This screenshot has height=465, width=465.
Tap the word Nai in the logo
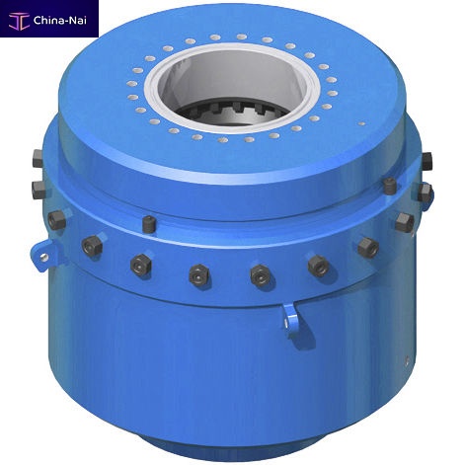click(78, 21)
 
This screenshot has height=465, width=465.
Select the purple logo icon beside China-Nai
click(19, 21)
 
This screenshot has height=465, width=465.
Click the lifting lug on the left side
click(43, 255)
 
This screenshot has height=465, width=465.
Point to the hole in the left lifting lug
click(43, 257)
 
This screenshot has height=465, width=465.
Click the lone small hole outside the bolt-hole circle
click(361, 124)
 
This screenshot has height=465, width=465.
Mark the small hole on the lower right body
click(407, 359)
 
